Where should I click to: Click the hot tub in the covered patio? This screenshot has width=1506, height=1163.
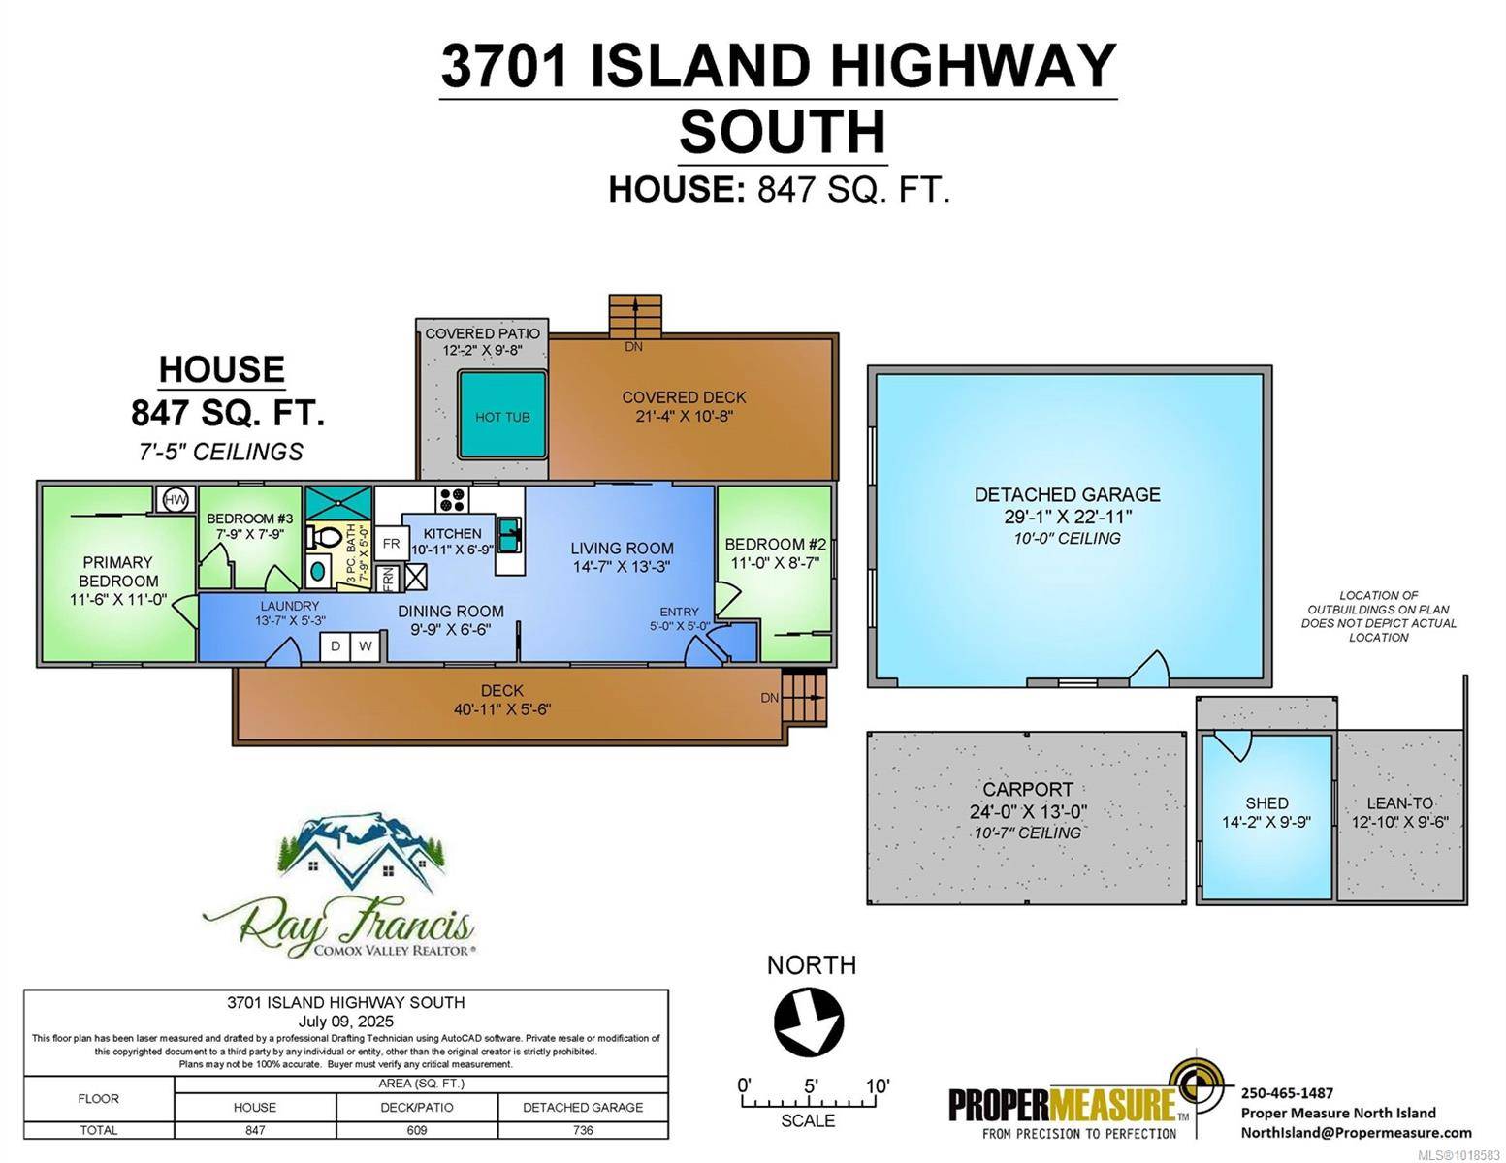[x=501, y=416]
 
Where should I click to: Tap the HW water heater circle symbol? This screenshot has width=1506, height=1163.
[x=176, y=500]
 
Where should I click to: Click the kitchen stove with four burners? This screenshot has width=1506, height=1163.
[x=452, y=500]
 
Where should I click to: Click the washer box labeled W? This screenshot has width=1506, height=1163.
[x=366, y=646]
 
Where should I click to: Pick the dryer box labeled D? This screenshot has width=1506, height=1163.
[x=336, y=646]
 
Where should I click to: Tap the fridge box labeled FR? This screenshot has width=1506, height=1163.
[x=391, y=544]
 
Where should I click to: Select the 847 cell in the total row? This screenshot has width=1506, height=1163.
[x=255, y=1130]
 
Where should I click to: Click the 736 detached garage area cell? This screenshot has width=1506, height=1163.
[x=583, y=1130]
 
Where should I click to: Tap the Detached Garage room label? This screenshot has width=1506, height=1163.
[x=1068, y=495]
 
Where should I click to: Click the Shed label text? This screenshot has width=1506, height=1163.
[x=1266, y=803]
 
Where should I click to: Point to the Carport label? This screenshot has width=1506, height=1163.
[x=1028, y=790]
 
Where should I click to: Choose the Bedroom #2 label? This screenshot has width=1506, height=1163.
[x=775, y=545]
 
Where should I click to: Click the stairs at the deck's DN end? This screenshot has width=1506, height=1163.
[x=805, y=698]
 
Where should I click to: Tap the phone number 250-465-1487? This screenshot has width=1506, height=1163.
[x=1287, y=1093]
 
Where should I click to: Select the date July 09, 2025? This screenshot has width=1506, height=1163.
[x=346, y=1022]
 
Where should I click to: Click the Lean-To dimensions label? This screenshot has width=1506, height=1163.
[x=1400, y=823]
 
